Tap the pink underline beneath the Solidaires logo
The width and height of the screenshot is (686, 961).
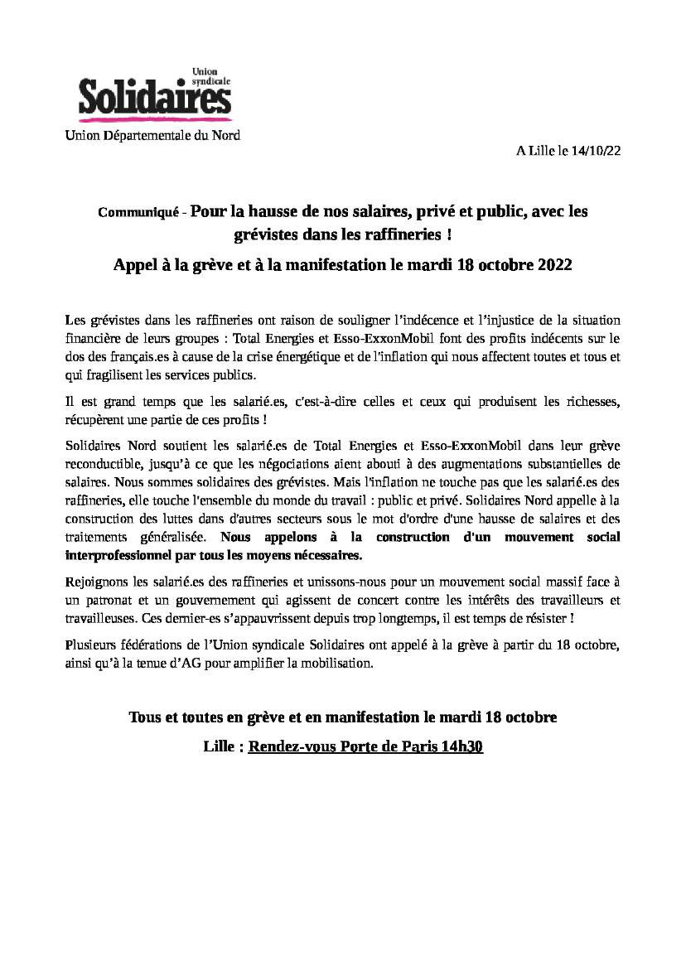154,119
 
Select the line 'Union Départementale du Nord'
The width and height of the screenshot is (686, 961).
152,135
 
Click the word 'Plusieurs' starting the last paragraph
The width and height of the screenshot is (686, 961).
89,645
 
